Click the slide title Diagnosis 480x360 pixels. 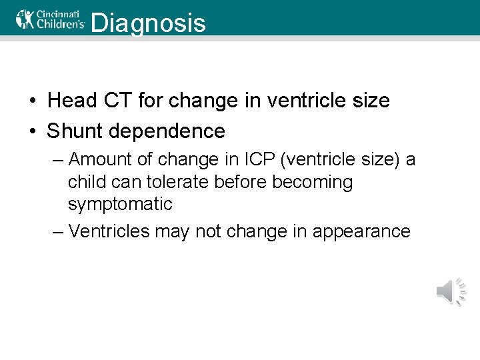(147, 23)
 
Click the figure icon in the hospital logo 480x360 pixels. (25, 18)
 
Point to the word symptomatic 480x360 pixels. (120, 204)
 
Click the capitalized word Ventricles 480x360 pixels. (109, 231)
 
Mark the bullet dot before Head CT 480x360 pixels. (32, 101)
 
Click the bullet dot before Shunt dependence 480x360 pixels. (32, 131)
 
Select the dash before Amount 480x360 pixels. (58, 160)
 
